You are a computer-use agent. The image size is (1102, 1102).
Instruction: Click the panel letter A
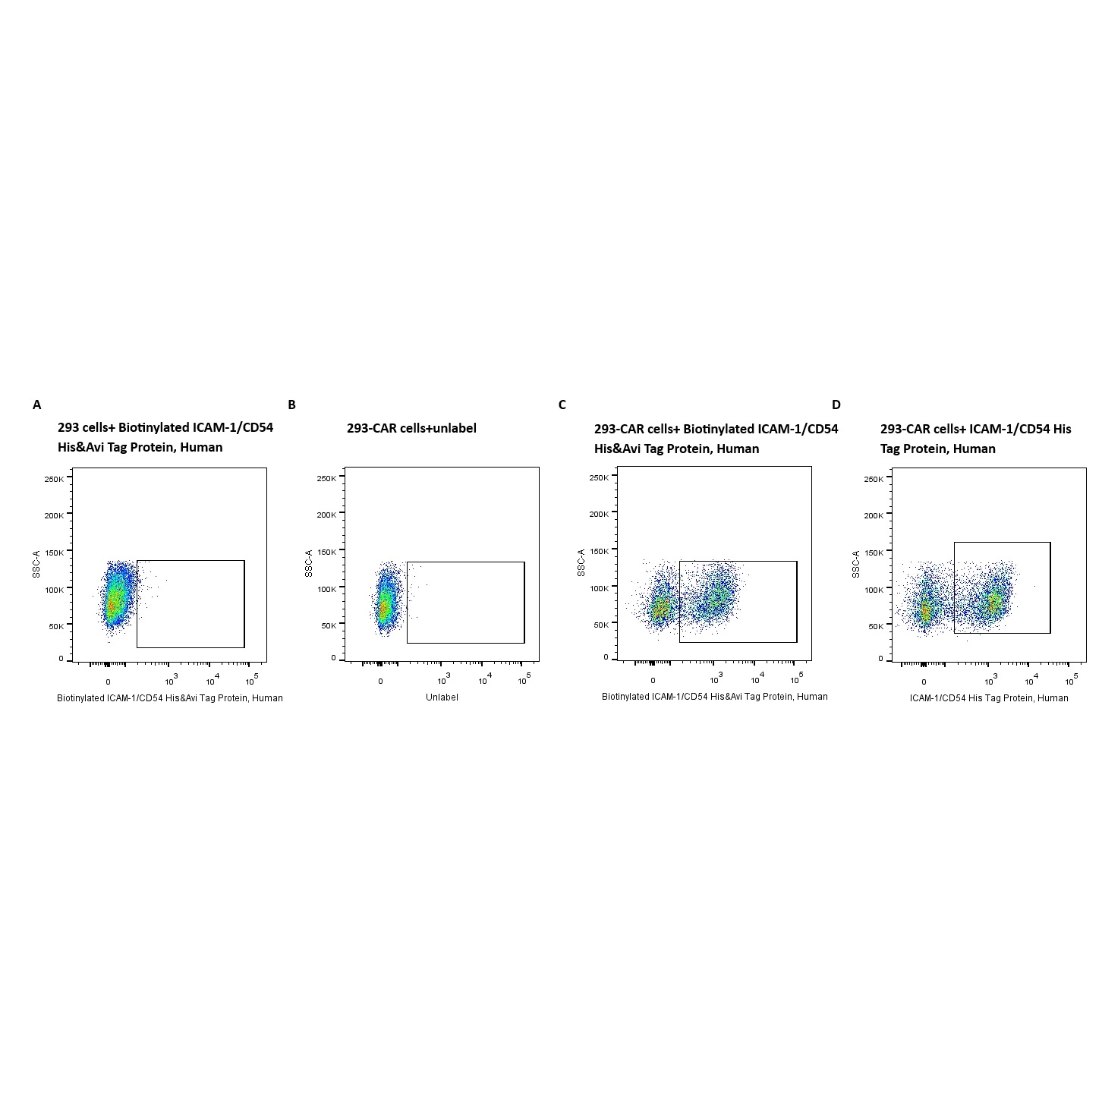37,405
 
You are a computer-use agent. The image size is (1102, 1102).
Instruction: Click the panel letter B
291,405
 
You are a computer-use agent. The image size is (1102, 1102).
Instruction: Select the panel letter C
562,405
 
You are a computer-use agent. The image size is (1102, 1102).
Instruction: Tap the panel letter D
836,405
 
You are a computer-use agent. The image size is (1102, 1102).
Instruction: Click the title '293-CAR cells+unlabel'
411,428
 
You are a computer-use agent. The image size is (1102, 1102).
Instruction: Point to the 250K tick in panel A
54,479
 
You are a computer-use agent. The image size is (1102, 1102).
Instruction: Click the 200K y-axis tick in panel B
326,515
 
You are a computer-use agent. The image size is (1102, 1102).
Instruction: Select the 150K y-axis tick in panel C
600,551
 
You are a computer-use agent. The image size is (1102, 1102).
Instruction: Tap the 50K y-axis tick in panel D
875,626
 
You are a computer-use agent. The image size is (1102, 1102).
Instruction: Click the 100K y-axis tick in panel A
54,588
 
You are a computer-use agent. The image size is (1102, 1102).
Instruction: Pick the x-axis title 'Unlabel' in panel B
442,697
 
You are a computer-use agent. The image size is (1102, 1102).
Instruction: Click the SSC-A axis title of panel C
581,562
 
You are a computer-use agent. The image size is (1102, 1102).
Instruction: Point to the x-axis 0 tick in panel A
108,682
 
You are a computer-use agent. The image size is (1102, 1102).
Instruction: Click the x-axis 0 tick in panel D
924,682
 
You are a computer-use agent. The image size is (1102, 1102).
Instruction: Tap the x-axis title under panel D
989,697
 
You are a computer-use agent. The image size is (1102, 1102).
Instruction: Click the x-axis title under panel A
170,697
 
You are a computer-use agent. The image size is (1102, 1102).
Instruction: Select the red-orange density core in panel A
113,604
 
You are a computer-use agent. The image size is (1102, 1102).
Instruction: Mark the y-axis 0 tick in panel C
606,657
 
